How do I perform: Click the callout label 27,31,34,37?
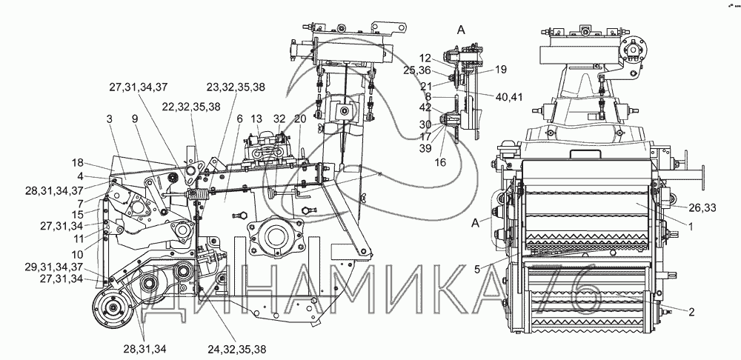pos(139,87)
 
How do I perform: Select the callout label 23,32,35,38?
pos(236,87)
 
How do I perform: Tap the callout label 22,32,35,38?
pos(190,107)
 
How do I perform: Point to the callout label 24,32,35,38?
pos(237,349)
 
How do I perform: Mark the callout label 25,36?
pos(417,70)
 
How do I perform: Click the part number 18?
pos(78,163)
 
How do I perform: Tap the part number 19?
pos(502,70)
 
